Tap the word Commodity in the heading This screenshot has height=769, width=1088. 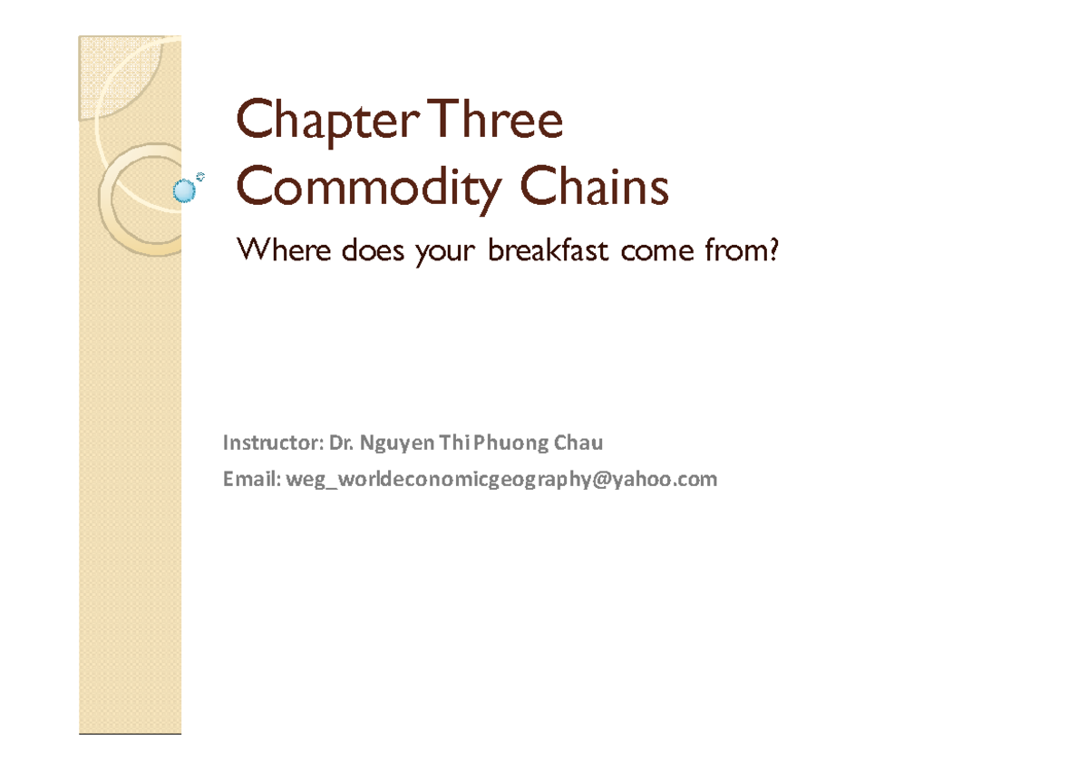tap(369, 189)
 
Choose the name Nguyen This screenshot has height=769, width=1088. tap(396, 444)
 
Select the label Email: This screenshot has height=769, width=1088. tap(252, 479)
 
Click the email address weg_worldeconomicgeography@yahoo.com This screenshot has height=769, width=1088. tap(501, 480)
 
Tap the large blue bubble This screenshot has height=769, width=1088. tap(185, 190)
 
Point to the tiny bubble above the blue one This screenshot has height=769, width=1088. tap(200, 176)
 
